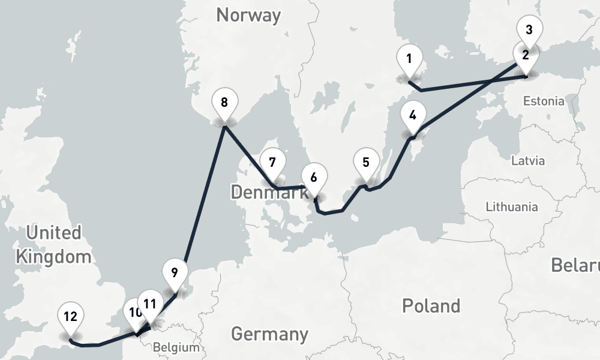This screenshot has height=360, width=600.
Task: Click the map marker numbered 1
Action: click(x=409, y=60)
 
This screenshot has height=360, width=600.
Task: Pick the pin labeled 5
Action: click(x=366, y=162)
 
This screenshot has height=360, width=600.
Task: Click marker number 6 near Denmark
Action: click(x=314, y=178)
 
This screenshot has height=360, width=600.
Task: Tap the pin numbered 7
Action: click(x=272, y=163)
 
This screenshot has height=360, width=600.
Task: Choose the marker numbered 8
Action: click(x=224, y=102)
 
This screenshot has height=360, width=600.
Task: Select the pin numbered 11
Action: click(x=151, y=304)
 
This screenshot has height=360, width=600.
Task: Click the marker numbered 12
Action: click(x=71, y=316)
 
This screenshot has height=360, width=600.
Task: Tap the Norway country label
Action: click(x=248, y=15)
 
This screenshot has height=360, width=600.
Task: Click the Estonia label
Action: click(x=543, y=101)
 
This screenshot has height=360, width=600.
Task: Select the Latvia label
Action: click(x=528, y=161)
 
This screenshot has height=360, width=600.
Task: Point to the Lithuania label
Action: click(x=512, y=207)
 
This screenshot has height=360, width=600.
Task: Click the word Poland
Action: click(x=431, y=305)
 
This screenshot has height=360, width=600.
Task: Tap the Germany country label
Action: click(x=269, y=334)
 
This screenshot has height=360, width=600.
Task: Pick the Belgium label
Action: click(x=176, y=347)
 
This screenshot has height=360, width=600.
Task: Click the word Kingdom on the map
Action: click(x=54, y=257)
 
